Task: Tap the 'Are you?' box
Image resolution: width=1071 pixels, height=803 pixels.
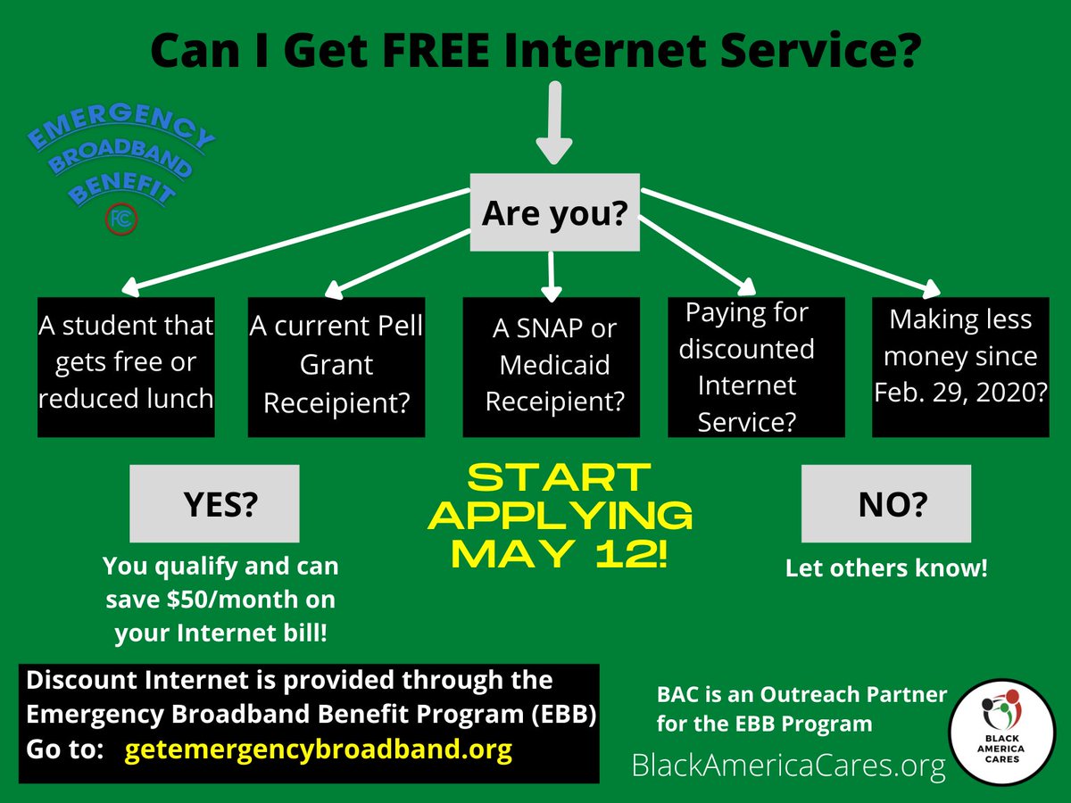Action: coord(554,212)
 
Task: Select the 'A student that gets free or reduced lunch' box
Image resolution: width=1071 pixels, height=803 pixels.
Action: coord(126,367)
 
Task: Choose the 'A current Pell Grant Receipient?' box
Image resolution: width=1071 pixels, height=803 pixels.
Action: coord(336,367)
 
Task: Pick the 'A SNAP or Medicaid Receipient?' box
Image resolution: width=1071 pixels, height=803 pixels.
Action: coord(552,367)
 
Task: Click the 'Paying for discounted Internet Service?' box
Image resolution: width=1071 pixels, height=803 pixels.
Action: coord(756,367)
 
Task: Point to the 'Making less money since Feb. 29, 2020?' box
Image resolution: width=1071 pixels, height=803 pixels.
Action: coord(960,367)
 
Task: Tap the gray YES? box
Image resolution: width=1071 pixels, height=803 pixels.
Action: coord(214,506)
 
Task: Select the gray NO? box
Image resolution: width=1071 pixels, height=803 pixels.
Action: coord(885,506)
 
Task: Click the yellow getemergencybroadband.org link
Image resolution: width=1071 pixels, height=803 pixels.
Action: coord(319,749)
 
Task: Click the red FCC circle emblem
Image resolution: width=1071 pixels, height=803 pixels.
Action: coord(120,219)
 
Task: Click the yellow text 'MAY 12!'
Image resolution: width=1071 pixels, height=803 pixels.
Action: coord(560,554)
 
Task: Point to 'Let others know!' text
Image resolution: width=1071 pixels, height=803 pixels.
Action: coord(886,568)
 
